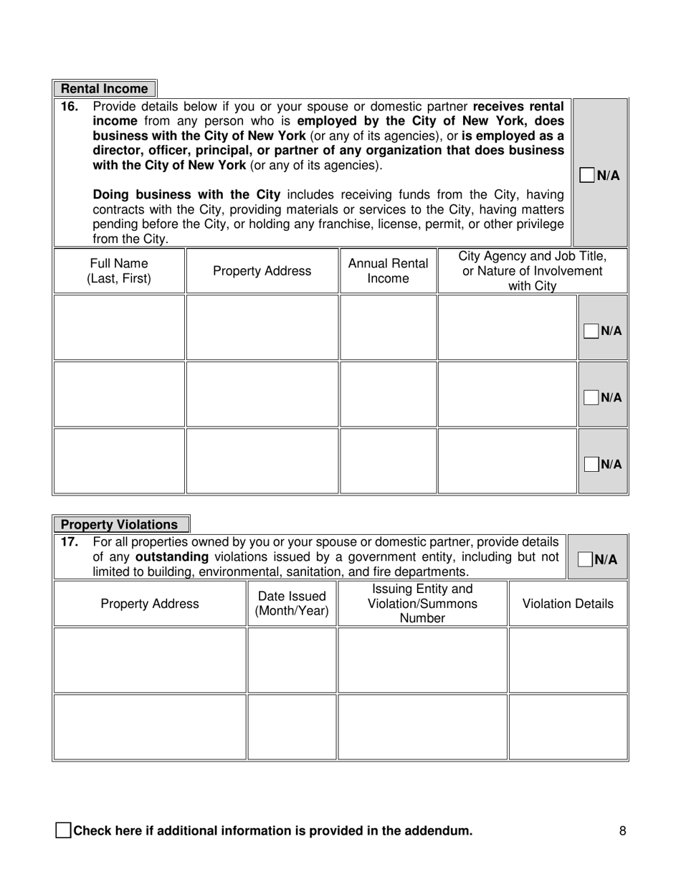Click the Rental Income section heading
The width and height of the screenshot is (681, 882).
[105, 89]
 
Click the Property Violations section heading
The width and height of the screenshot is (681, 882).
[120, 525]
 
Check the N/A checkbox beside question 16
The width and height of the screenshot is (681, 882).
[586, 175]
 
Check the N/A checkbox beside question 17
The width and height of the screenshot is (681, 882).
[585, 559]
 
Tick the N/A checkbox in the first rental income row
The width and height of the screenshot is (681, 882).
[591, 331]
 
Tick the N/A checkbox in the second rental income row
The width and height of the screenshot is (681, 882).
[591, 397]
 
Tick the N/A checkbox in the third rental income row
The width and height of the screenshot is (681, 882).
[591, 464]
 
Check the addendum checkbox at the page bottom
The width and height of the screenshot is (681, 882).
[63, 831]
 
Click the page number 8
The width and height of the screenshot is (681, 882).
[622, 831]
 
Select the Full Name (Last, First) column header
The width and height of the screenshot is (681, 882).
[119, 271]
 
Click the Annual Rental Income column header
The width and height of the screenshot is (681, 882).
[388, 271]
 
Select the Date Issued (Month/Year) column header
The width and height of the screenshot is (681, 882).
[292, 604]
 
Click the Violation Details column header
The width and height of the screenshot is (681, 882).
[568, 604]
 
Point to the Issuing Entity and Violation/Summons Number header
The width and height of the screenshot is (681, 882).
[422, 604]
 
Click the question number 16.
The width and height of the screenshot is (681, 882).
[69, 107]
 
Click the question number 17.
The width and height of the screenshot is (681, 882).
[69, 542]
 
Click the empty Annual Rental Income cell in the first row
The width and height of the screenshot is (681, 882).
[388, 328]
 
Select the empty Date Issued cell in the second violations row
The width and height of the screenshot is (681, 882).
[292, 726]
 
